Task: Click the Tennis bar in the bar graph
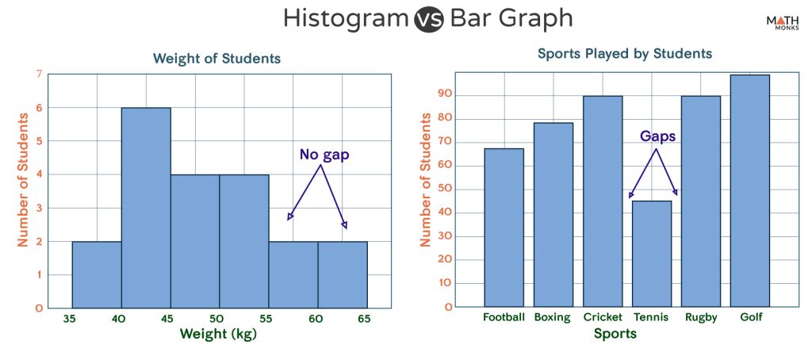[651, 254]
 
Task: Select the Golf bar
[749, 190]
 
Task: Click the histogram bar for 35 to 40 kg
[97, 274]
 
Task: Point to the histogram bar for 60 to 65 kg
[343, 274]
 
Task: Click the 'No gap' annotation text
[324, 155]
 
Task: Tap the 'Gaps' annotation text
[658, 136]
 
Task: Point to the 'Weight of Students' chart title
[216, 59]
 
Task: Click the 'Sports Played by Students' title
[625, 54]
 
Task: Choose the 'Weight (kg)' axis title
[219, 334]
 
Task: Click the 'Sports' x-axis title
[615, 334]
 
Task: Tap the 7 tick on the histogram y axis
[39, 75]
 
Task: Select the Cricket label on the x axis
[602, 317]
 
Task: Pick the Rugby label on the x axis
[700, 317]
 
